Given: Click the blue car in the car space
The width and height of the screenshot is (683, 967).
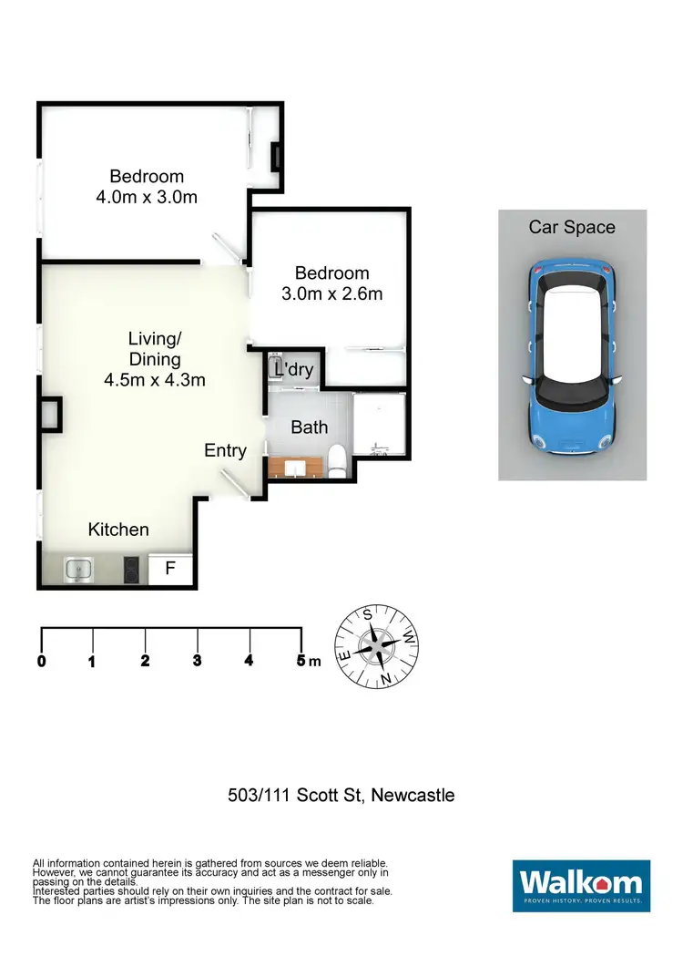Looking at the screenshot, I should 572,357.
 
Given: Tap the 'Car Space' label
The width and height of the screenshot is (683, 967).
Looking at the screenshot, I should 572,228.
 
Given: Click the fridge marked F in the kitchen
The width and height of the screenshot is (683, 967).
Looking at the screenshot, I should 170,570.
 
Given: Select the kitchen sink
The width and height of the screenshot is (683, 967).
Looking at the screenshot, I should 79,570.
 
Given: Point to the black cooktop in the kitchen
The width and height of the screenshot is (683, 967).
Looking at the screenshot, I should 131,570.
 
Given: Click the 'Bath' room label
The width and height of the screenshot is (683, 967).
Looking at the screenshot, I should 309,427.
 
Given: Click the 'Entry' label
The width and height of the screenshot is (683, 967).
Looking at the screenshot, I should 225,450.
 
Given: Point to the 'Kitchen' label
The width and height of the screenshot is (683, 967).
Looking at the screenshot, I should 118,530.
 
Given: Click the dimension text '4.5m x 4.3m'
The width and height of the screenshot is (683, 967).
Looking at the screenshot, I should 155,379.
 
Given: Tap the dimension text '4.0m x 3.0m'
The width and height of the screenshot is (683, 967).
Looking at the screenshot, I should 147,197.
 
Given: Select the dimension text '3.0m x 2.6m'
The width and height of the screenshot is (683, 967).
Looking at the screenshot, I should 331,293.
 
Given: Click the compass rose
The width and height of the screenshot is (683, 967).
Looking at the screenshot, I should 376,646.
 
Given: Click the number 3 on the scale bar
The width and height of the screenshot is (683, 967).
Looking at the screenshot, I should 197,662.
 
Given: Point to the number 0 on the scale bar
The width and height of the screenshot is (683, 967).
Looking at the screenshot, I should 42,662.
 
